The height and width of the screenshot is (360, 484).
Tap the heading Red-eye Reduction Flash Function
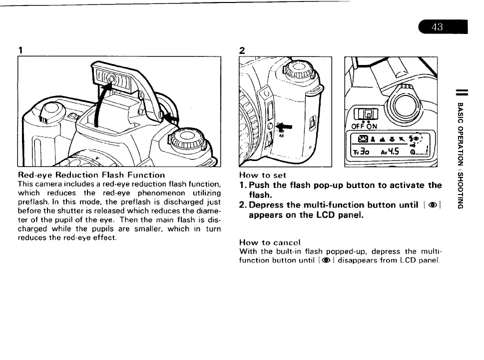[x=91, y=175]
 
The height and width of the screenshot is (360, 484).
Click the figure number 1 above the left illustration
[x=20, y=50]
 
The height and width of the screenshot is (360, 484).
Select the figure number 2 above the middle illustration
[x=242, y=50]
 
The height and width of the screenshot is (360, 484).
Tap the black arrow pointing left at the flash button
[x=171, y=119]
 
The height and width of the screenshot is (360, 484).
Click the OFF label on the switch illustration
[x=359, y=126]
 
